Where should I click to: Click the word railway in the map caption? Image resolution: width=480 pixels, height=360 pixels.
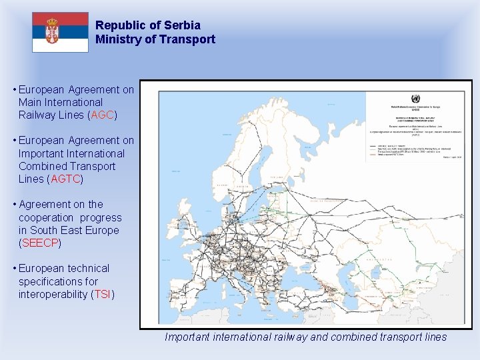[x=289, y=337]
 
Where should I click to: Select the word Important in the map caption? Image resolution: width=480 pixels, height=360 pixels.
[x=187, y=337]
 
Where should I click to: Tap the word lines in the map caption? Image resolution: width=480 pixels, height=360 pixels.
[x=434, y=337]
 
